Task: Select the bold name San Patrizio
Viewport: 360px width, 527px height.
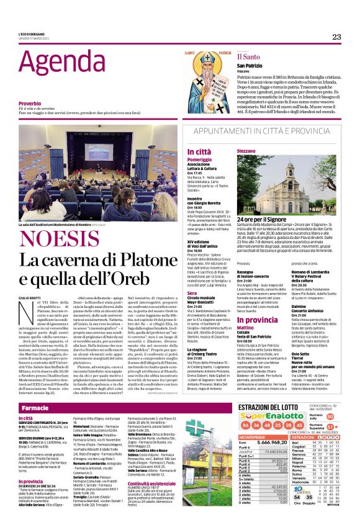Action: point(249,65)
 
